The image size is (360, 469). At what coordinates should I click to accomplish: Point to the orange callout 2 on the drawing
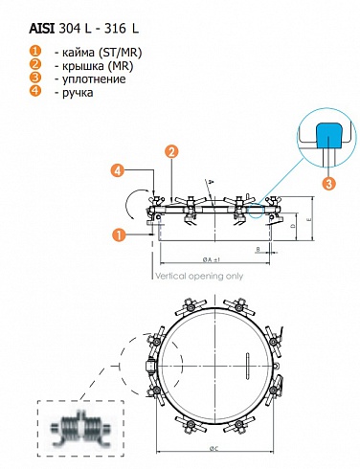(171, 151)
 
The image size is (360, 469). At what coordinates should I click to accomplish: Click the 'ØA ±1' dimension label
(213, 259)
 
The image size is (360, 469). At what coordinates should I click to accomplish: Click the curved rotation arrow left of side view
(132, 201)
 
